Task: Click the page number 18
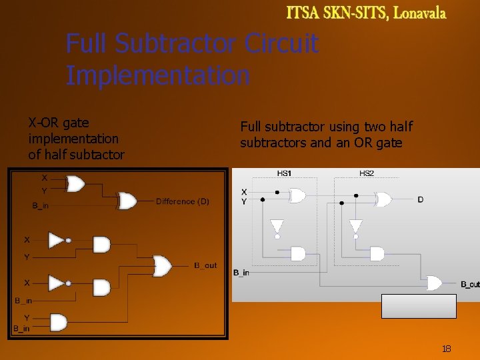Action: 447,349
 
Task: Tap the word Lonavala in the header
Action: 421,13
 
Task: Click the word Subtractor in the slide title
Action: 175,44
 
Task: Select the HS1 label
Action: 284,173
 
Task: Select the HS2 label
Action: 367,173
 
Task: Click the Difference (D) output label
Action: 182,201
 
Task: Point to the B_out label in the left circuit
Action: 205,265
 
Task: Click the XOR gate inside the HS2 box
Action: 383,199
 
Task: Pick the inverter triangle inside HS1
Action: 277,226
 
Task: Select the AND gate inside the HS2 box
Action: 377,253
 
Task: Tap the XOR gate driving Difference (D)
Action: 127,201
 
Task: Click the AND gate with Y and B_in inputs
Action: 59,323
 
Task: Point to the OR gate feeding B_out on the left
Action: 162,266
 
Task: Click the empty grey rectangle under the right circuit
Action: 419,306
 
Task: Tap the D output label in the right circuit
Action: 420,199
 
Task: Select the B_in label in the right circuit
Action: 241,272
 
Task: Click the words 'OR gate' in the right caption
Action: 379,143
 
